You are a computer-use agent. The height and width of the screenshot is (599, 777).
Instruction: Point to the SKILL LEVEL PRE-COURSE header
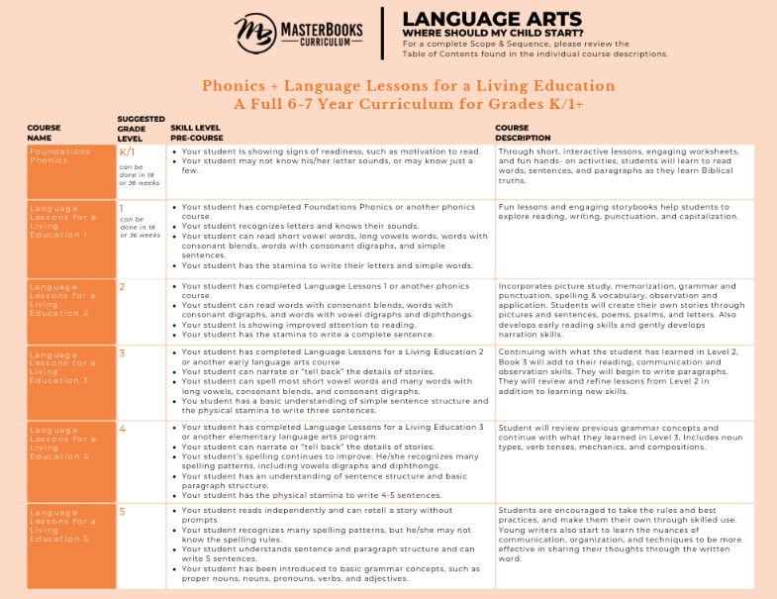tap(202, 132)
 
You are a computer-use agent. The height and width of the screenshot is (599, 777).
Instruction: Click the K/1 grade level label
tap(127, 152)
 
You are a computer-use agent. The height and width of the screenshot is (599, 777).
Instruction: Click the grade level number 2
tap(122, 287)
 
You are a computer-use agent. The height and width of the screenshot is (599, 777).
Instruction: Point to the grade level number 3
tap(122, 352)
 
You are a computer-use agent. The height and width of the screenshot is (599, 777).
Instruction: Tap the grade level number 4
tap(122, 430)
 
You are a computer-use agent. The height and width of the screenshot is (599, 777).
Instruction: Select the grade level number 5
tap(122, 512)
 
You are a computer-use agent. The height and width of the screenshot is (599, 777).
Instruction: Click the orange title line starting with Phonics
tap(388, 85)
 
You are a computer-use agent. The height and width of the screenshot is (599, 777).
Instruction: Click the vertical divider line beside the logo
tap(383, 33)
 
